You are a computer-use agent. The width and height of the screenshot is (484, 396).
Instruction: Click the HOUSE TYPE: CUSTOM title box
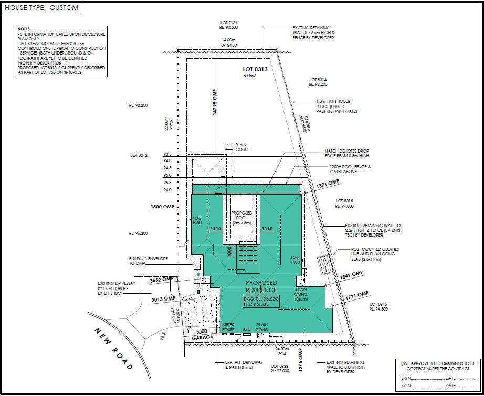[x=41, y=8]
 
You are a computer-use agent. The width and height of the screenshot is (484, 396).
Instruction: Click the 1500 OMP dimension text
[x=162, y=207]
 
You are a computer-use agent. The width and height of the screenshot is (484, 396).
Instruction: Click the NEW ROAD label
[x=113, y=348]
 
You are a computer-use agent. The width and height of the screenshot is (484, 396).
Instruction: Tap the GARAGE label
[x=202, y=337]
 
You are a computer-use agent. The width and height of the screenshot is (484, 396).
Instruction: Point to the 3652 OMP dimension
[x=162, y=280]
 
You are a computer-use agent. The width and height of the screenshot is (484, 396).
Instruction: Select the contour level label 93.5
[x=167, y=154]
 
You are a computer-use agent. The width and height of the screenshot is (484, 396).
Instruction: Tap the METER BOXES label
[x=227, y=327]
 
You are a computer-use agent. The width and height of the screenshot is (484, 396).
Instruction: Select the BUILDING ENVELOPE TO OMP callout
[x=149, y=261]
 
